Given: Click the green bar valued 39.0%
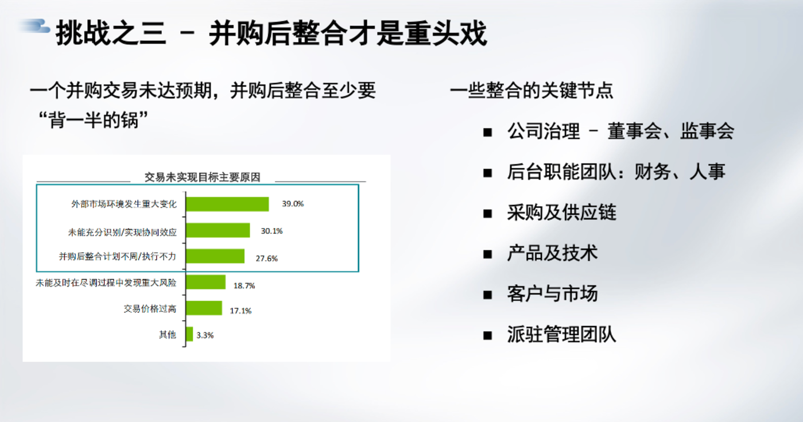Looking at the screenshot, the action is click(x=227, y=204).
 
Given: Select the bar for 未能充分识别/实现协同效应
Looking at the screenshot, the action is click(x=218, y=230).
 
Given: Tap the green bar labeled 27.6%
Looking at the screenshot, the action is click(x=215, y=256).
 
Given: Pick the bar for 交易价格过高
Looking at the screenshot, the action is click(x=204, y=308).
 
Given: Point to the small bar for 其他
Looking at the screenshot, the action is click(x=189, y=334).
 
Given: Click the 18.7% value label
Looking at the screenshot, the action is click(x=244, y=286).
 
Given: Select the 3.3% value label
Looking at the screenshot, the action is click(x=205, y=335).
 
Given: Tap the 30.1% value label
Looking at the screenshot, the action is click(x=271, y=231).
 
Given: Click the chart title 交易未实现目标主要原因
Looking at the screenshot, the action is click(x=202, y=177).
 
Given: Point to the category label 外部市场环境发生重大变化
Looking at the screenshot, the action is click(x=124, y=204).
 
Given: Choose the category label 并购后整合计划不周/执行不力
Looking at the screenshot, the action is click(x=118, y=256).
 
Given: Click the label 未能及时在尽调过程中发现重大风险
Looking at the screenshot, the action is click(x=106, y=283).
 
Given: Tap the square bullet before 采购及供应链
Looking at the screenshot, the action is click(x=487, y=214).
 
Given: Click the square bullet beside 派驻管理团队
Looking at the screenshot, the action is click(x=487, y=336).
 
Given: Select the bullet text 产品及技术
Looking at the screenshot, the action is click(x=552, y=253).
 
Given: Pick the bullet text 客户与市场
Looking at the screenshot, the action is click(x=552, y=293).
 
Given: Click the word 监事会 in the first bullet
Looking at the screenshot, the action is click(x=707, y=131).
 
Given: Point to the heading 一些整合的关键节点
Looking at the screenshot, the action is click(x=532, y=90).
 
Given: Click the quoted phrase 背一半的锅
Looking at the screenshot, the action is click(x=94, y=120).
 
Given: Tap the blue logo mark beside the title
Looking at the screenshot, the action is click(x=34, y=26).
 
